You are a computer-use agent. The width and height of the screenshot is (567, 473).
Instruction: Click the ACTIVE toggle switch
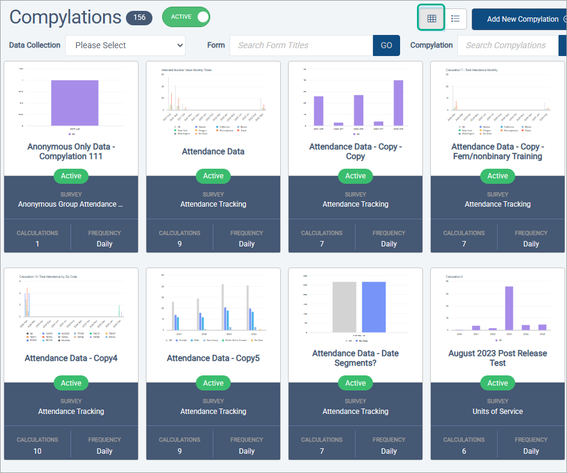point(186,17)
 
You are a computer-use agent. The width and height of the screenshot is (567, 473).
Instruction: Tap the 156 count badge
point(139,17)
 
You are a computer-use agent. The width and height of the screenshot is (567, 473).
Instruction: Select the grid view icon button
point(431,19)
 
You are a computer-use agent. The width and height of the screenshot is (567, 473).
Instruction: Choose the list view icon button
point(456,19)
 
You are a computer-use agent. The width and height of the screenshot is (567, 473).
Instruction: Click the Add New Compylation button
point(522,19)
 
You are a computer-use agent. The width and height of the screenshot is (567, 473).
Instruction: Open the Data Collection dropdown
point(125,45)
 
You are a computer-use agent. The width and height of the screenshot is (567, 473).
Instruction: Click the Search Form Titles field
point(301,45)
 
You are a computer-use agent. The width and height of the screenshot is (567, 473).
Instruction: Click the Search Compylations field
point(507,45)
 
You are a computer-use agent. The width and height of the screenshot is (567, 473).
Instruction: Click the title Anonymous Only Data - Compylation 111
point(71,151)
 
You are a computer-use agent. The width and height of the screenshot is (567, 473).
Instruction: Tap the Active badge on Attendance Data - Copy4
point(71,383)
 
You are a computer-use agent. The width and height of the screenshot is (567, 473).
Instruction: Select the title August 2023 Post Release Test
point(498,358)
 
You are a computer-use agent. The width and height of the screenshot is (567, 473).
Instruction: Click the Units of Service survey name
point(498,412)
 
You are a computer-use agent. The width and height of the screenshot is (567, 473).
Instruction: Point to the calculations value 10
point(37,451)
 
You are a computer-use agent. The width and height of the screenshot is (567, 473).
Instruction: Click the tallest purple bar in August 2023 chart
point(509,308)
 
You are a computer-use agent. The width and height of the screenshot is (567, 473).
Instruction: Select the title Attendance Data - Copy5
point(213,359)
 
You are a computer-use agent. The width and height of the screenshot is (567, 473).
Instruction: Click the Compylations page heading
point(65,17)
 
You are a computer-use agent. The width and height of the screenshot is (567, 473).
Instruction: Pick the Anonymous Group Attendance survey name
point(70,204)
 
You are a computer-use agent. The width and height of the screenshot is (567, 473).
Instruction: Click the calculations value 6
point(464,451)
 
